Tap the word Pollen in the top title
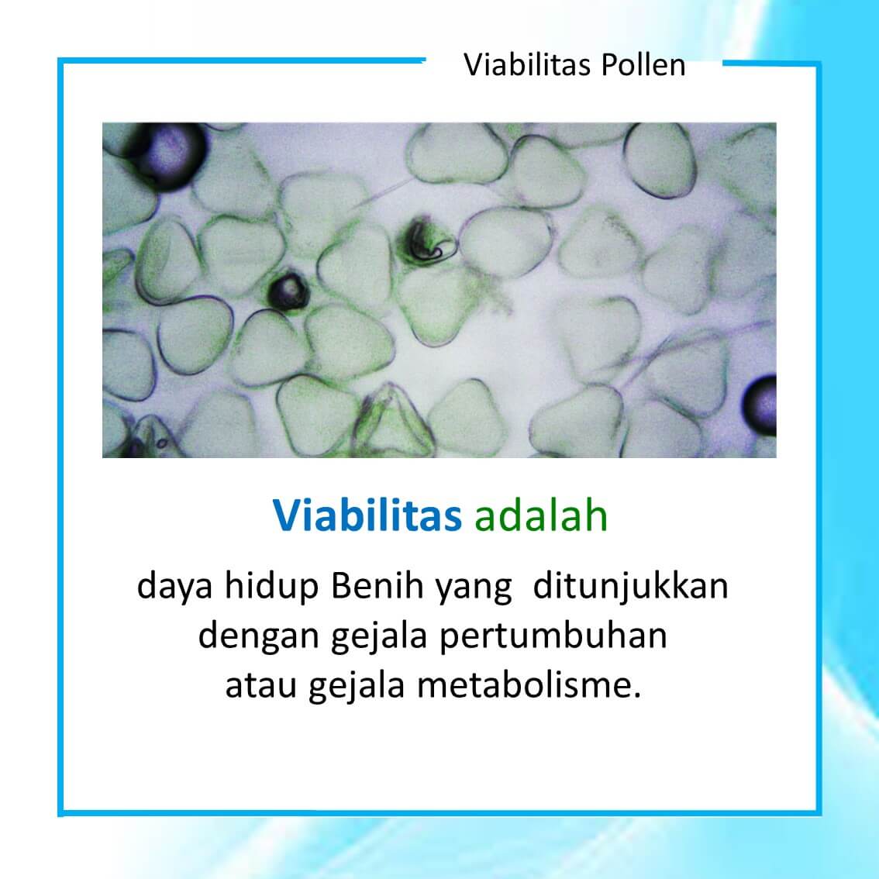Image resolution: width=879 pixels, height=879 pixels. point(643,65)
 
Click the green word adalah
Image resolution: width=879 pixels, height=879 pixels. point(541,515)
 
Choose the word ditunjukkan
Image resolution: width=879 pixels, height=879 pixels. point(632,587)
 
